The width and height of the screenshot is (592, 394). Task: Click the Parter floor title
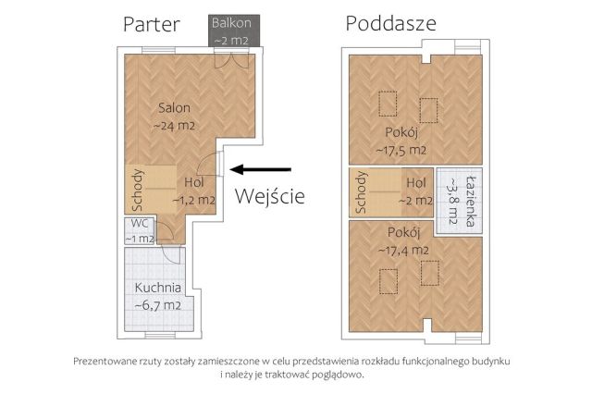point(151,24)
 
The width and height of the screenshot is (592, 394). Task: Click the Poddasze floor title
point(391,23)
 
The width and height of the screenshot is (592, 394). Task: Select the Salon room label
point(173,107)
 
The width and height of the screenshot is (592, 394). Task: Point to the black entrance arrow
point(261,169)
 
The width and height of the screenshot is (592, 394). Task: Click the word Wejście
point(269,196)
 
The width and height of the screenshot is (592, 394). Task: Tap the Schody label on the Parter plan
point(137,190)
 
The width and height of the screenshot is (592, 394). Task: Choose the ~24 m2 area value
point(173,125)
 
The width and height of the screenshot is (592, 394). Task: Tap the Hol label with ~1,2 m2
point(193,182)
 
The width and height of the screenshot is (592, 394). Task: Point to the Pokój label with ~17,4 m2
point(403,232)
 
